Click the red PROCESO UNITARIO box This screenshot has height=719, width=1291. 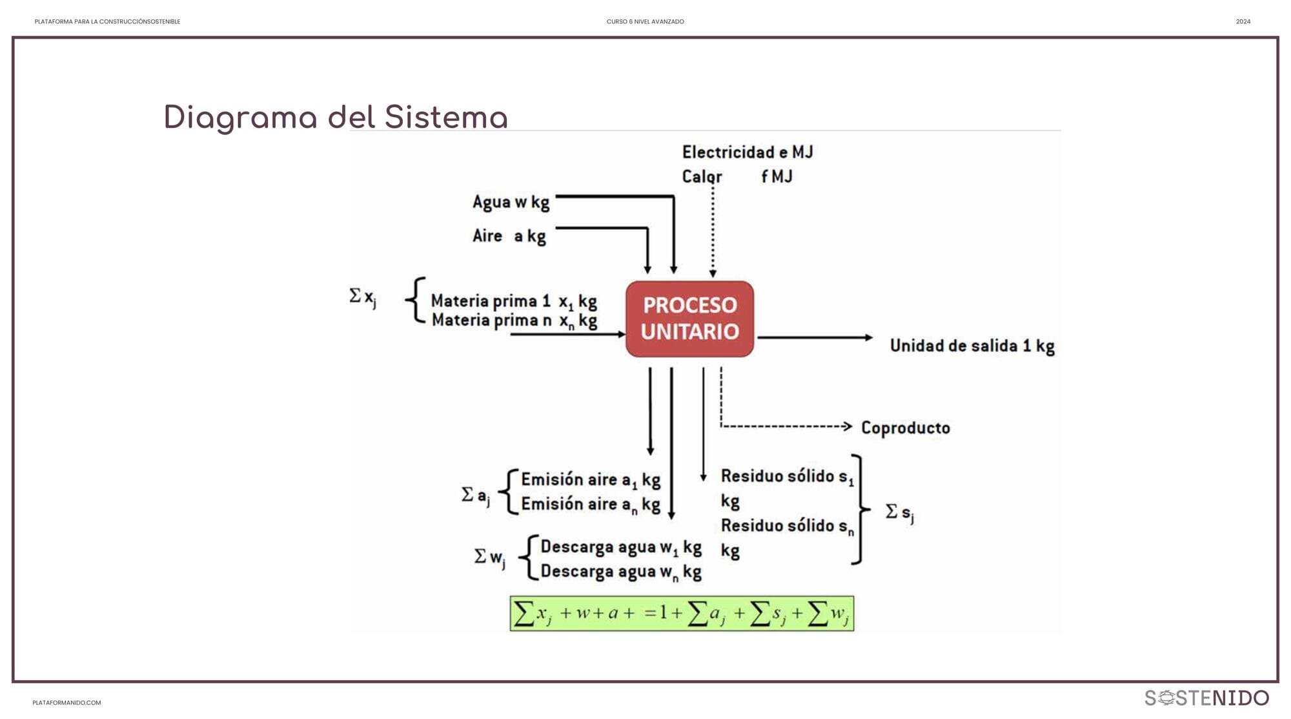(689, 318)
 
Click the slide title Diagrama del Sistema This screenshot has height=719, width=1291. (336, 118)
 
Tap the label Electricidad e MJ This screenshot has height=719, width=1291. (747, 152)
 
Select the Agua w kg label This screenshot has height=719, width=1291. (511, 202)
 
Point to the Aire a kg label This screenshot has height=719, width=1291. (509, 236)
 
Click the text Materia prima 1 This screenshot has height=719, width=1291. (490, 301)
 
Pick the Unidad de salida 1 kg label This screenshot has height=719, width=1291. (971, 346)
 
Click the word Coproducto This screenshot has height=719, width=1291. (905, 428)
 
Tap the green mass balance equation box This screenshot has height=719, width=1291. (682, 614)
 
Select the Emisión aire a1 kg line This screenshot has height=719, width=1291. (590, 480)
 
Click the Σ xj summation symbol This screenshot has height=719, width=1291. (362, 297)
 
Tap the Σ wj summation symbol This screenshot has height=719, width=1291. (489, 557)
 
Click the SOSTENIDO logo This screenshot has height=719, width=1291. (1206, 698)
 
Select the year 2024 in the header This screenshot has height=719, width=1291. (1243, 22)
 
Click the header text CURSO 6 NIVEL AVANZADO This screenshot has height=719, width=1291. (645, 22)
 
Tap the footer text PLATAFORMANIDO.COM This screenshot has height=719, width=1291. (66, 703)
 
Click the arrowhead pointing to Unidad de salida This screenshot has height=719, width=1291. (868, 337)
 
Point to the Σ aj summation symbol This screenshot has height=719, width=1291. (476, 495)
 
